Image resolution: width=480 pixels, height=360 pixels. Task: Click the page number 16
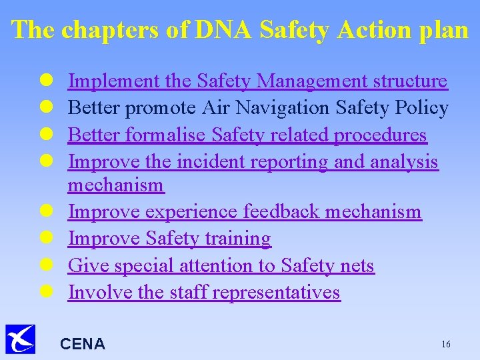tap(445, 344)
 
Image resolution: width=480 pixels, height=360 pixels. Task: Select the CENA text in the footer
tap(83, 344)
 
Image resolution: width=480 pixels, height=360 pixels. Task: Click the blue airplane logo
tap(20, 339)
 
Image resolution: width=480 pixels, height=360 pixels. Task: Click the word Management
tap(303, 81)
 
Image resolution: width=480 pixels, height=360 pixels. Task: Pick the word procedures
tap(379, 135)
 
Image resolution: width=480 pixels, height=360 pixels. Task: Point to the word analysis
tap(405, 161)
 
